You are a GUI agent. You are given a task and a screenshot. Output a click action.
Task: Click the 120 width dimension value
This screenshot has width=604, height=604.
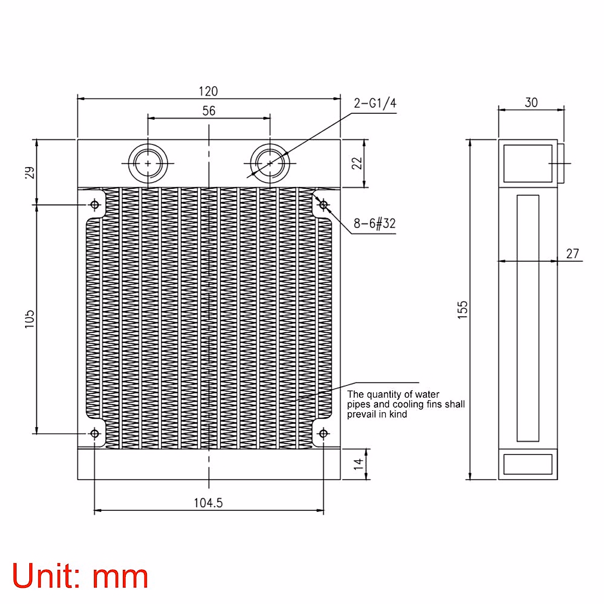click(208, 91)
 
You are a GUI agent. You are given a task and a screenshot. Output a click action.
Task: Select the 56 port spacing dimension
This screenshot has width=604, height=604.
click(209, 110)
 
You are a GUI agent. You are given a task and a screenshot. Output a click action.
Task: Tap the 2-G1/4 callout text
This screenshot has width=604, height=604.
click(375, 103)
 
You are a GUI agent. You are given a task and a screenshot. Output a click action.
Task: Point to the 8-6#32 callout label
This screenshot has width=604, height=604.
click(374, 223)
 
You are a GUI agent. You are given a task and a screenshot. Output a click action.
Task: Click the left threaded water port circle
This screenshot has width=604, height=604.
click(147, 163)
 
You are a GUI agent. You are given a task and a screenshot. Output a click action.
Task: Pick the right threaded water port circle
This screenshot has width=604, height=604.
click(270, 163)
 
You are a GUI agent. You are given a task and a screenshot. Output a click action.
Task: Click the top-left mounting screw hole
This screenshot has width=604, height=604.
click(94, 204)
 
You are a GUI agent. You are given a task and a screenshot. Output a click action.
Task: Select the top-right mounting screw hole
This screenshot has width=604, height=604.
click(324, 204)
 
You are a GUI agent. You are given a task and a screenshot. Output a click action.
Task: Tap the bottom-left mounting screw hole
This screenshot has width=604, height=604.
click(94, 433)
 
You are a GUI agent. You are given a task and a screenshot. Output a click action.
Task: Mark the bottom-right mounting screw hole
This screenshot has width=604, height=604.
click(324, 433)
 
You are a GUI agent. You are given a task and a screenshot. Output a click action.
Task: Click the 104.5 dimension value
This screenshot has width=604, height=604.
click(208, 502)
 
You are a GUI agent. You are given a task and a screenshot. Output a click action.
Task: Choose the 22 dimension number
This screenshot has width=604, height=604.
click(357, 163)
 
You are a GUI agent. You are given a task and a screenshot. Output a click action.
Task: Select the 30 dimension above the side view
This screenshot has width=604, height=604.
click(531, 102)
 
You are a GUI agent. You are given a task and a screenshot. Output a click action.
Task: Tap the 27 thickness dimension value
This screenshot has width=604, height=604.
click(572, 253)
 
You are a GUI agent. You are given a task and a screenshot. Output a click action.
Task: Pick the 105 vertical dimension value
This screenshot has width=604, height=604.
click(29, 319)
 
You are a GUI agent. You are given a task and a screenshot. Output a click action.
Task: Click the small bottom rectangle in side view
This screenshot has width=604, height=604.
click(528, 464)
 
